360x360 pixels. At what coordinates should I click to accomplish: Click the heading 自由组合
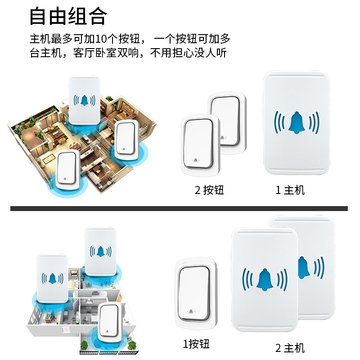pos(68,17)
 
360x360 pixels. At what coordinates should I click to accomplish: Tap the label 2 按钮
pos(209,190)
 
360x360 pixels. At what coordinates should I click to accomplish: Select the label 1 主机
pos(290,190)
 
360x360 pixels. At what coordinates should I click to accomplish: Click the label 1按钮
pos(196,344)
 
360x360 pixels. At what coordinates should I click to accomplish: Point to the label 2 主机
pos(290,347)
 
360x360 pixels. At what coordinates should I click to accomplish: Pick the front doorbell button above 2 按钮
pos(200,145)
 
